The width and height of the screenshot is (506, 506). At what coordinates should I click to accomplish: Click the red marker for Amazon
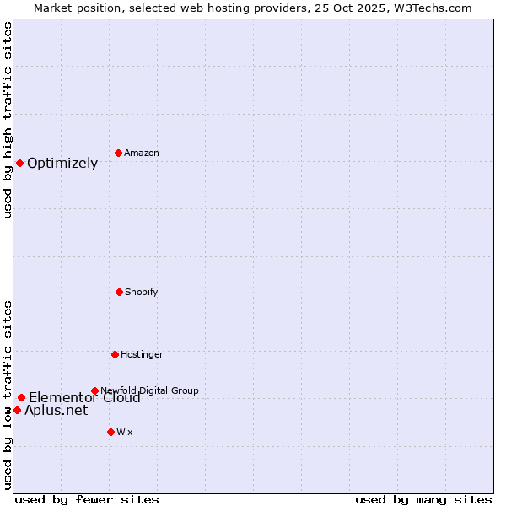click(118, 153)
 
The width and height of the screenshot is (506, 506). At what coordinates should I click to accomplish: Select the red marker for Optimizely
click(19, 163)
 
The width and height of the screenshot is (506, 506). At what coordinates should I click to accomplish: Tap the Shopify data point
click(119, 292)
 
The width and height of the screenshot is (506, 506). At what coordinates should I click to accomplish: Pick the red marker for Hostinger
click(115, 354)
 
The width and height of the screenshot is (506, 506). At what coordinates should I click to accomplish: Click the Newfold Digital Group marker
click(94, 390)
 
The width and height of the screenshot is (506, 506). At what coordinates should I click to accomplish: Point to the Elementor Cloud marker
click(21, 397)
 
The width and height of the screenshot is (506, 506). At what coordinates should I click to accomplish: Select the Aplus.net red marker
click(17, 410)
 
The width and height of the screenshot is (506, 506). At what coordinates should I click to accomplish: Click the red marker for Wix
click(110, 432)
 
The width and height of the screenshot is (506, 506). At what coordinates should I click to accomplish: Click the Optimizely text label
click(62, 163)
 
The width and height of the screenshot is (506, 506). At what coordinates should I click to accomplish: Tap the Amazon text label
click(142, 153)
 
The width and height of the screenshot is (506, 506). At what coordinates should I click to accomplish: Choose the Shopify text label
click(142, 292)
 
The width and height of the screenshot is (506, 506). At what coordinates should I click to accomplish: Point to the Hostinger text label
click(142, 354)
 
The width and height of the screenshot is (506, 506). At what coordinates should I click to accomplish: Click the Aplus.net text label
click(56, 411)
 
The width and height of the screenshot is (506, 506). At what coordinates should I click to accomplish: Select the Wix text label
click(125, 432)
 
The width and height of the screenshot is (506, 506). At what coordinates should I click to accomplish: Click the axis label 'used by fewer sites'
click(87, 499)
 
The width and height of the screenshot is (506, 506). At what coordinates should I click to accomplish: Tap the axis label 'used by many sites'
click(423, 499)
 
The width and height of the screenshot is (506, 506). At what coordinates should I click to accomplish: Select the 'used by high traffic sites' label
click(8, 120)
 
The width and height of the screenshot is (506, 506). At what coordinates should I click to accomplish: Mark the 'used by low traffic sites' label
click(8, 395)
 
